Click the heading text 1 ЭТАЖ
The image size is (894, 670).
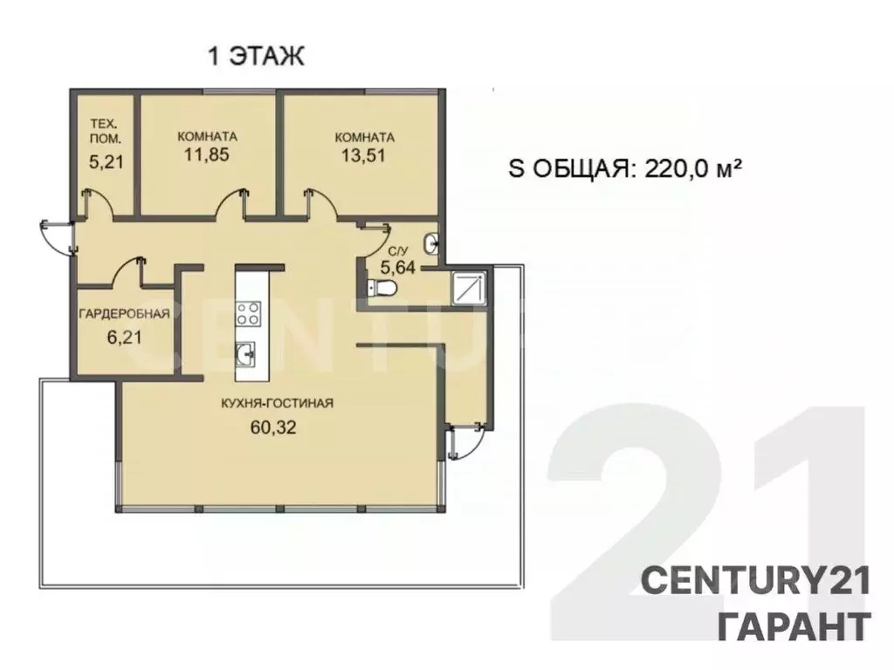pos(256,57)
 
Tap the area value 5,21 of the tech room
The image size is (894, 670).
pos(106,161)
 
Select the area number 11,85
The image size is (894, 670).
pos(206,154)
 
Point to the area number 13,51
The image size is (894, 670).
pos(363,155)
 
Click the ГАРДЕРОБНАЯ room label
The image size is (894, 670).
pos(124,314)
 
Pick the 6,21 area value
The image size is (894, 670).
pos(124,338)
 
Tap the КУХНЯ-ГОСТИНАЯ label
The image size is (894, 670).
pos(277,403)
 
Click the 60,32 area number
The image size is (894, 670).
pos(273,427)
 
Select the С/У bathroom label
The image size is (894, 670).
pos(397,250)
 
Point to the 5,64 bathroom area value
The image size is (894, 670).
pos(397,267)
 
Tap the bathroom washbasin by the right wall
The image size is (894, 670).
pos(431,244)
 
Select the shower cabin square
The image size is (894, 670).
pos(468,288)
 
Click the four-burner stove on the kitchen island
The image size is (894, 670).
pos(249,313)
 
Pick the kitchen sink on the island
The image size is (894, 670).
pos(245,356)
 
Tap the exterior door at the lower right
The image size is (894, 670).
pos(466,441)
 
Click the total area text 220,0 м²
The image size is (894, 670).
pos(692,168)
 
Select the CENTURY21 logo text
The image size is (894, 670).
pos(755,581)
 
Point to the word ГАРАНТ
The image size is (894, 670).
pos(794,626)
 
